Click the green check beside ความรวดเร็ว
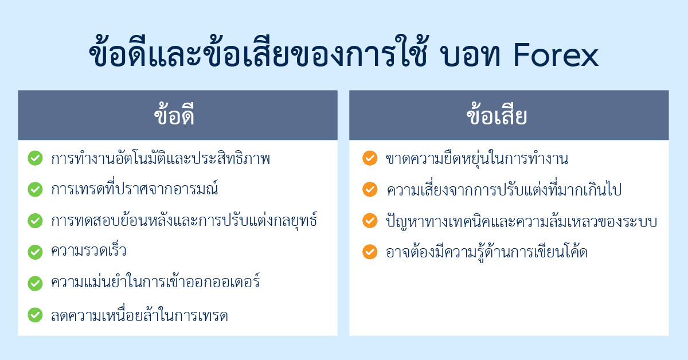pos(35,252)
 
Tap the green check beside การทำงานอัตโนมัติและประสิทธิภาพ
pos(35,158)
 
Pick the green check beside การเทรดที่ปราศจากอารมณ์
pos(35,189)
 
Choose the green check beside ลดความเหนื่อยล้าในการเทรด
pos(35,315)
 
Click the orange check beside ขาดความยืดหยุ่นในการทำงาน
pos(370,158)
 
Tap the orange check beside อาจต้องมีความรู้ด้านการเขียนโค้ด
pos(370,252)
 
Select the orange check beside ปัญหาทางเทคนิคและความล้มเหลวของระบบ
pos(370,221)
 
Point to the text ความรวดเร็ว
pos(89,252)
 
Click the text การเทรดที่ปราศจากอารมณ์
pos(135,189)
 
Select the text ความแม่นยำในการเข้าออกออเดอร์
pos(155,283)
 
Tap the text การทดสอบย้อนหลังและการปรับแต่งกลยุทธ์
pos(183,221)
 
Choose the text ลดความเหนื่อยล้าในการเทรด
pos(139,315)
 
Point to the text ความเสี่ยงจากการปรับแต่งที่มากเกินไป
pos(504,189)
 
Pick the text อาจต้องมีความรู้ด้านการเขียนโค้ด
pos(487,252)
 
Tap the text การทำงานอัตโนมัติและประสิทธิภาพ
pos(161,158)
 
